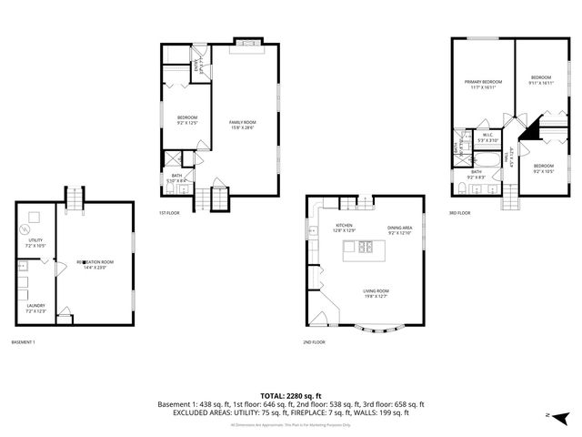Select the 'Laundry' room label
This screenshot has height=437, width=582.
(x=36, y=308)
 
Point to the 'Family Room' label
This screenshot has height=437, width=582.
(x=241, y=124)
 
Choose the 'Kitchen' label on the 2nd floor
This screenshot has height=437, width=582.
(x=344, y=227)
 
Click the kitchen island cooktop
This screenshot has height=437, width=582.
(x=366, y=247)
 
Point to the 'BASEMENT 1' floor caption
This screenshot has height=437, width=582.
(x=24, y=342)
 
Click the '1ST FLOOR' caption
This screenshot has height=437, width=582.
(x=169, y=213)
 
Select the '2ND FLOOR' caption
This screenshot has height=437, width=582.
(x=314, y=342)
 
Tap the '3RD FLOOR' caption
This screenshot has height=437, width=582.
(x=459, y=213)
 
